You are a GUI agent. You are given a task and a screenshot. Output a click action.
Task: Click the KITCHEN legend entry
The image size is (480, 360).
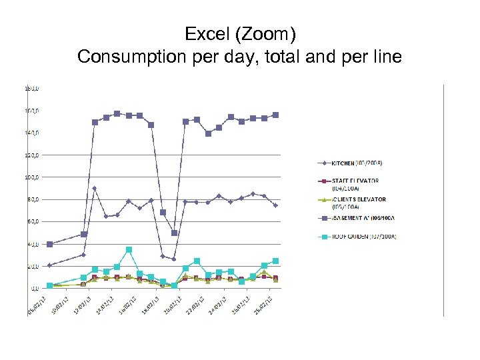tap(354, 163)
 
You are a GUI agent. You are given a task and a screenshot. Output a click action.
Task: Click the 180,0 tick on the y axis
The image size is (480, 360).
tap(32, 88)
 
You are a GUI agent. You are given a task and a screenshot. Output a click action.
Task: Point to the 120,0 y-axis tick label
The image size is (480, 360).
tap(32, 155)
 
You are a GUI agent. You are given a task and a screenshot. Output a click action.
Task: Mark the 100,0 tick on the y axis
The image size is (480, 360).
tap(32, 177)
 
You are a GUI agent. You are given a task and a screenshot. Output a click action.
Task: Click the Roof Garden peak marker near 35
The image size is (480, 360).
tap(129, 250)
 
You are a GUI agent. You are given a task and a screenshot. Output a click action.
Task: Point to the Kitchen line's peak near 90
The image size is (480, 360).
tap(95, 188)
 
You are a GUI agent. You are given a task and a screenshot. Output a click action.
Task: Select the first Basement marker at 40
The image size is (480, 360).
tap(50, 244)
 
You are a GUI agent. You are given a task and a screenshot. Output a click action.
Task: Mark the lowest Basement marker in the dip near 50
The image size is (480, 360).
tap(175, 233)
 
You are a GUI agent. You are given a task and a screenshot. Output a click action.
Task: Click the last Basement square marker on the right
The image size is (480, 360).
tap(275, 115)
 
